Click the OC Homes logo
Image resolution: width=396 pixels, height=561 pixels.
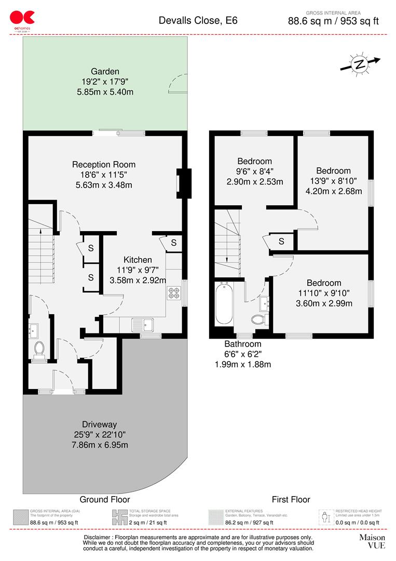[22, 20]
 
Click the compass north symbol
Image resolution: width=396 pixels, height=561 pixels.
[359, 64]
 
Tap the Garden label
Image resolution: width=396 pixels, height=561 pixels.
[105, 72]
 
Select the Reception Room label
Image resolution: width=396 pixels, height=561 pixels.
[104, 165]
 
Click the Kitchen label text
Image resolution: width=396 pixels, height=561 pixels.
[138, 260]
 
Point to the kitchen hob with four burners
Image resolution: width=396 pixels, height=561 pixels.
[173, 293]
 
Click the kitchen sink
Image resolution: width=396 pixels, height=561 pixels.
[141, 325]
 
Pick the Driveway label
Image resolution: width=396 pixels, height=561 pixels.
[99, 423]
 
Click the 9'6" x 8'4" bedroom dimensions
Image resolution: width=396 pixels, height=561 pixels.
[254, 171]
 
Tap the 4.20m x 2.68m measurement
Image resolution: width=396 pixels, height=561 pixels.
[333, 191]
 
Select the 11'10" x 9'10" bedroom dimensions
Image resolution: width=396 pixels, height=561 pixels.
[324, 293]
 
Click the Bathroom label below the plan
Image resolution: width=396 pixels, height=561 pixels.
[242, 344]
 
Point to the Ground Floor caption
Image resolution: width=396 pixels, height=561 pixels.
[102, 500]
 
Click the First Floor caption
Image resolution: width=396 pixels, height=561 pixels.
[291, 500]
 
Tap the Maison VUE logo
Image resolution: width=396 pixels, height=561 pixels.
[372, 541]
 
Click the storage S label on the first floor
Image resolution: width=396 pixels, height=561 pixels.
[281, 241]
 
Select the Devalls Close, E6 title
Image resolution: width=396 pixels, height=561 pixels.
[198, 21]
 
